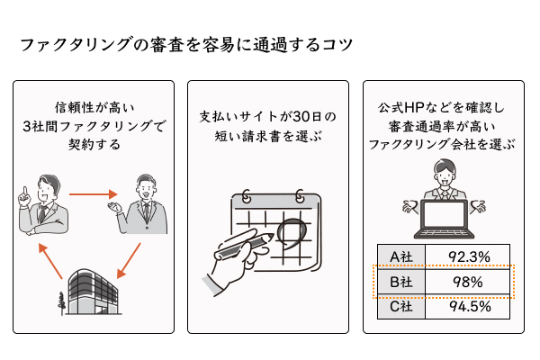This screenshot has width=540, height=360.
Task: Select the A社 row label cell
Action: click(400, 257)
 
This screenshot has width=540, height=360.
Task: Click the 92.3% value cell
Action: click(468, 257)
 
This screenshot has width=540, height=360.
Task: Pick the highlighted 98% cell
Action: click(468, 282)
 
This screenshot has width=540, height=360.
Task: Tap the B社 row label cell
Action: click(400, 282)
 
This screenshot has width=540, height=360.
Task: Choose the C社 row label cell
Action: click(400, 306)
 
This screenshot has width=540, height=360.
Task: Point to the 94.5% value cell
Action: click(468, 306)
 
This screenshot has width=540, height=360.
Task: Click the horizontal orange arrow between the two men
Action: click(94, 193)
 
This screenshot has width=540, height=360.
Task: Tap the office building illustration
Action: click(93, 292)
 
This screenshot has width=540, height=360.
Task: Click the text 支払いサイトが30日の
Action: click(267, 117)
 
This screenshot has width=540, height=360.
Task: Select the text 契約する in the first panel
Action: click(94, 144)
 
